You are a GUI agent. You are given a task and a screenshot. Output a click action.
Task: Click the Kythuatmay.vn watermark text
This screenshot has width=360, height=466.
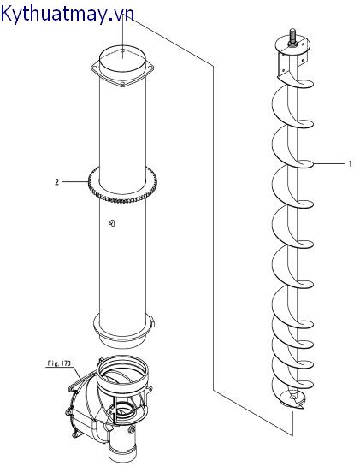[68, 14]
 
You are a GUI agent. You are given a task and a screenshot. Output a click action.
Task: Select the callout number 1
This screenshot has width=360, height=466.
[350, 163]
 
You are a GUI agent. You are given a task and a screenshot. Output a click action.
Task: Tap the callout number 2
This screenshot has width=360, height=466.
[56, 182]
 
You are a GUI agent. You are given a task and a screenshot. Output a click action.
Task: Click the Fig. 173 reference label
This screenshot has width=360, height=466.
[59, 363]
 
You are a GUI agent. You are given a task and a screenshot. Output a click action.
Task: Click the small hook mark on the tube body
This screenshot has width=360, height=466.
[112, 223]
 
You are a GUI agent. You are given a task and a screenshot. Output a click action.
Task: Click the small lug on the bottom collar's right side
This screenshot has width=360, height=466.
[152, 321]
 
